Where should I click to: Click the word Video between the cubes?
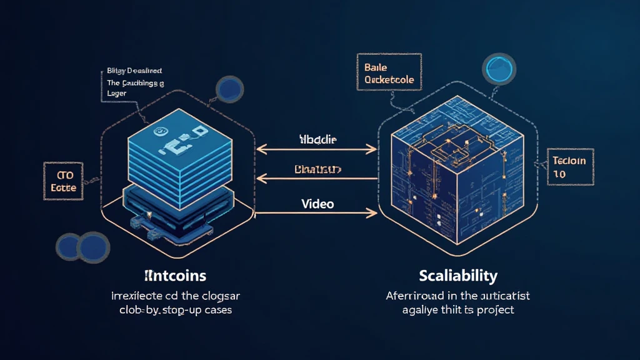point(317,204)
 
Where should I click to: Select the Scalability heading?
point(459,275)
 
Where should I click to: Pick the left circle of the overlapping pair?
point(70,245)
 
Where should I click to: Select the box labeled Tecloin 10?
point(569,167)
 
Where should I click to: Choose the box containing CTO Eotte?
point(62,180)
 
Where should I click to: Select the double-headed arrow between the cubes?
point(317,149)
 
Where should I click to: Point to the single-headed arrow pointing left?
point(317,179)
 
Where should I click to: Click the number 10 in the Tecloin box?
point(560,174)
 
